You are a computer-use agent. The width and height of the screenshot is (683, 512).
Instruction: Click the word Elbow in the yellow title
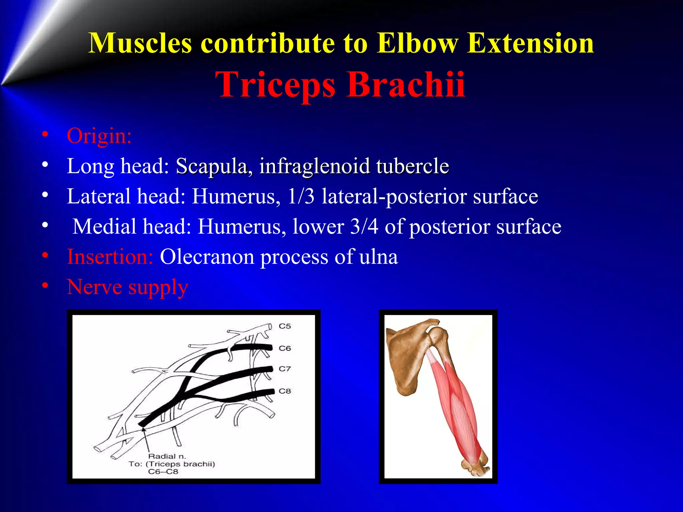click(x=418, y=43)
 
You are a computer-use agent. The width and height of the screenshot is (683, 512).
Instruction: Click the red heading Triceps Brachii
click(x=340, y=85)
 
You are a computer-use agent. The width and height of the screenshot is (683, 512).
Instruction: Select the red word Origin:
click(x=99, y=136)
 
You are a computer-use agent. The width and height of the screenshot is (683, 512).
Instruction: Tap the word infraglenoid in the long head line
click(x=314, y=166)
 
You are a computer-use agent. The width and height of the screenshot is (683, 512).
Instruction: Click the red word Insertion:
click(x=110, y=257)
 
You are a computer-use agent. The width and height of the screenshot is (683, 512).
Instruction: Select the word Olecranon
click(x=206, y=257)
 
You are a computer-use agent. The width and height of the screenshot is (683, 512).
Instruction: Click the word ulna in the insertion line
click(x=379, y=257)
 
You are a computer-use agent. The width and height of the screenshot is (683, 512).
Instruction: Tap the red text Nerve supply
click(x=127, y=287)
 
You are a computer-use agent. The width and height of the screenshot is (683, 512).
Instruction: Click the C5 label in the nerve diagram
click(x=285, y=326)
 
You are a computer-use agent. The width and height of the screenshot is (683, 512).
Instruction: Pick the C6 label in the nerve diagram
click(x=285, y=348)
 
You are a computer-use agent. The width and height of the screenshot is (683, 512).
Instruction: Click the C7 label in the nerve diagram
click(x=285, y=369)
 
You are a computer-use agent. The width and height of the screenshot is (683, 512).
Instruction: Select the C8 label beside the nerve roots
click(x=285, y=391)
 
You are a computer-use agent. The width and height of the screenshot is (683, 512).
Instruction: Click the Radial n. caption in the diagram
click(x=167, y=456)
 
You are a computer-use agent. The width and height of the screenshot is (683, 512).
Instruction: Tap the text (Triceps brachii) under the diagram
click(x=180, y=464)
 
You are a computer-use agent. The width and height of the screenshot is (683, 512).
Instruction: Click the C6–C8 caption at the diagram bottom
click(x=163, y=472)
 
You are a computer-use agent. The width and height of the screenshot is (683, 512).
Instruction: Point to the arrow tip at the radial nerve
click(x=144, y=428)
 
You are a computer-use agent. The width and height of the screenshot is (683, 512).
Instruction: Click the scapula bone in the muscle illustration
click(x=405, y=360)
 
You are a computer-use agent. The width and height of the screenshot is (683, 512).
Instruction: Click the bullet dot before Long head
click(x=45, y=165)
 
